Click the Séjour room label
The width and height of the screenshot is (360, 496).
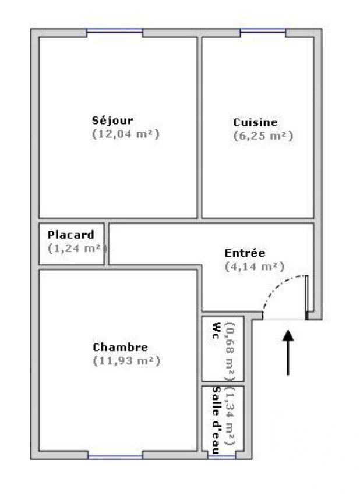point(112,121)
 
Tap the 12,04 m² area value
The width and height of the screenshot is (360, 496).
point(126,134)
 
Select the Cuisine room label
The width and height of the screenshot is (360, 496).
point(255,122)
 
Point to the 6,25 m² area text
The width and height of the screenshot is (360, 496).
point(263,136)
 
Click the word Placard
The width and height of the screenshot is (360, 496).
point(71,235)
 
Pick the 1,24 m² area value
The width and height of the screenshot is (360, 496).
point(77,249)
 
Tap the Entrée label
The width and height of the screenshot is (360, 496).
point(245,253)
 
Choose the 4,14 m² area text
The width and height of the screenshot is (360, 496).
point(255,267)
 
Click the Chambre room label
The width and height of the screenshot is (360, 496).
point(121,348)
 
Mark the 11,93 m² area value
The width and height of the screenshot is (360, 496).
point(126,361)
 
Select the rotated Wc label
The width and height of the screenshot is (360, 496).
point(216,330)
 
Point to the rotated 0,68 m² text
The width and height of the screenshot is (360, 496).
point(230,351)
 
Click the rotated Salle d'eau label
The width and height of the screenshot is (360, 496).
point(216,420)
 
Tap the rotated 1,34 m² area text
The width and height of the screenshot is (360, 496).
point(230,416)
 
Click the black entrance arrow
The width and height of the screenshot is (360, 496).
point(288,353)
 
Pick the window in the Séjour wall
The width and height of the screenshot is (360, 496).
point(115,31)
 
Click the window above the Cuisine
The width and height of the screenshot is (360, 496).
point(263,31)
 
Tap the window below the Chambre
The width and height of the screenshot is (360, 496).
point(115,457)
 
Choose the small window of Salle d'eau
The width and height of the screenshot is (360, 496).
point(221,456)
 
